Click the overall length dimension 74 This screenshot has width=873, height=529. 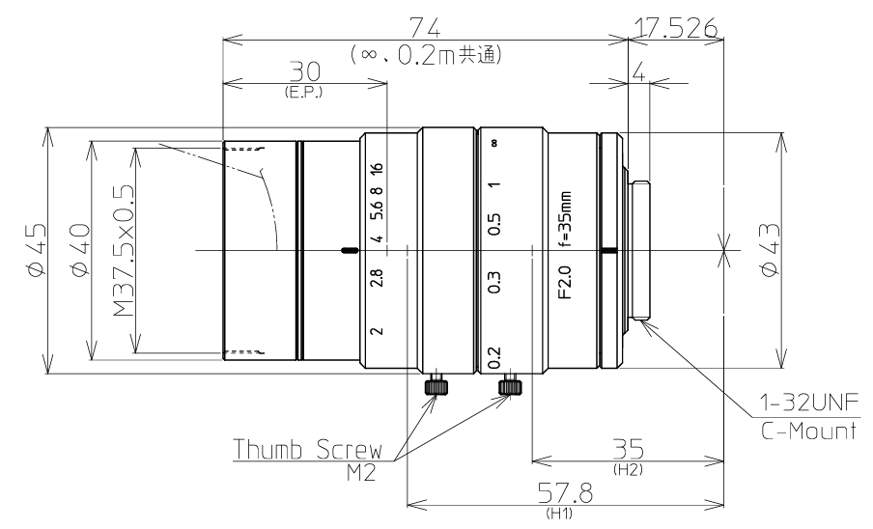click(425, 27)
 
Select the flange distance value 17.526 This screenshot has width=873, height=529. click(676, 27)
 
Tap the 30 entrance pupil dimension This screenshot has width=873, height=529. click(305, 72)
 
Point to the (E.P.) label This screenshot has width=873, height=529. click(303, 93)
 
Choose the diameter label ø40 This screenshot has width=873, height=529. click(79, 250)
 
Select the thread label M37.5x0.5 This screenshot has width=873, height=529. click(125, 250)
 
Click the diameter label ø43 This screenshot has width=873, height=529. click(770, 250)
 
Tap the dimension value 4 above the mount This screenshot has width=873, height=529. click(639, 72)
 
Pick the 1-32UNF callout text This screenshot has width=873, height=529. click(810, 403)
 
